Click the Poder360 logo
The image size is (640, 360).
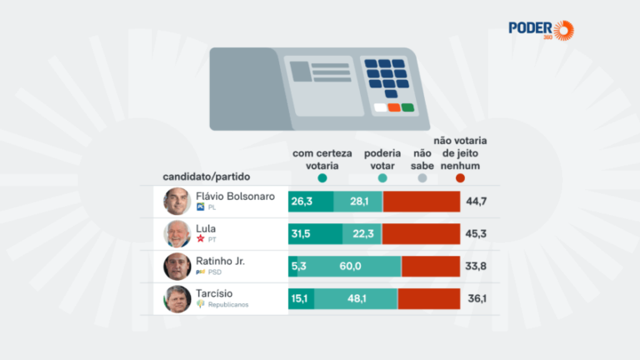tap(542, 29)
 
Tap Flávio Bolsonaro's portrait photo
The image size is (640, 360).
tap(177, 202)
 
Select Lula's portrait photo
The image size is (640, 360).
tap(177, 234)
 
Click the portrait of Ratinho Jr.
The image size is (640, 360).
tap(177, 267)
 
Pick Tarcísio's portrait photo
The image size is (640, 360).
tap(177, 298)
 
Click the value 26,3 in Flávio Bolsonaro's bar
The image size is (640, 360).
tap(302, 202)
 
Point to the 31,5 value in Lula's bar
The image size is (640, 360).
tap(302, 234)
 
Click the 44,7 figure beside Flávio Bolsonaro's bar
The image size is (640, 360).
tap(476, 202)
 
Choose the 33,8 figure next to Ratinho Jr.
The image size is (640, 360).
tap(476, 267)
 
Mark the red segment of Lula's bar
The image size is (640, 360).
tap(421, 234)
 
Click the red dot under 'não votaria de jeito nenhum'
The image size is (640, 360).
tap(460, 178)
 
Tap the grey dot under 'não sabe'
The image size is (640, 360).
tap(422, 178)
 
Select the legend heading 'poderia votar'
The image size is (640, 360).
tap(382, 159)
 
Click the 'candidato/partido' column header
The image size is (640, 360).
tap(207, 177)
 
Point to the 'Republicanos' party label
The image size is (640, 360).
tap(227, 305)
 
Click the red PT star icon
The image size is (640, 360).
tap(200, 239)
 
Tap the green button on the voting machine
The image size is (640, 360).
tap(407, 107)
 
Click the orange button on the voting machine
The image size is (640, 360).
tap(393, 107)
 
